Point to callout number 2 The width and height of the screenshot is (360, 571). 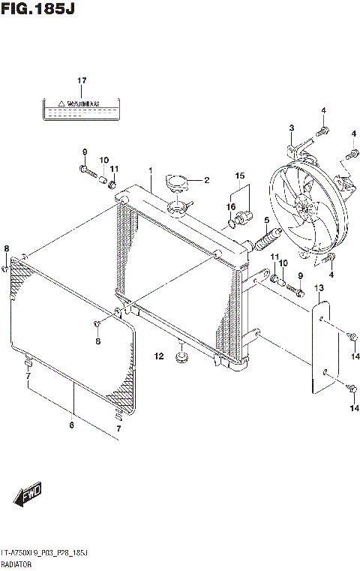(x=207, y=180)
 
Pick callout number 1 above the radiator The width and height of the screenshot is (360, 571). (x=150, y=170)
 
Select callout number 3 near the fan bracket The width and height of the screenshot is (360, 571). (x=292, y=128)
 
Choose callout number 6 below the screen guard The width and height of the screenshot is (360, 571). (x=72, y=426)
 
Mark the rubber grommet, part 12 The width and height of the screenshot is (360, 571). (x=181, y=355)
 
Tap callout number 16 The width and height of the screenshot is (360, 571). (x=232, y=206)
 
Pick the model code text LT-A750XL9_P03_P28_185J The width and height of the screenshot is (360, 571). (x=45, y=552)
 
